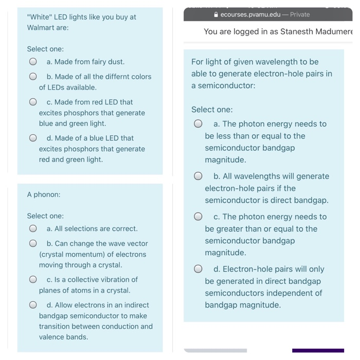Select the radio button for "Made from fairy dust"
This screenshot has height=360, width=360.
pyautogui.click(x=33, y=62)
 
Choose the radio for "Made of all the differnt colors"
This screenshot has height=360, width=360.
pyautogui.click(x=33, y=77)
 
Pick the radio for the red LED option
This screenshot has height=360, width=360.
pyautogui.click(x=33, y=102)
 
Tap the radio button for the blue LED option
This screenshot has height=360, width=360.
pyautogui.click(x=33, y=138)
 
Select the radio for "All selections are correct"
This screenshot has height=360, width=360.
pyautogui.click(x=33, y=228)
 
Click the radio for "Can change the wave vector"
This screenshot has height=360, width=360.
pyautogui.click(x=33, y=244)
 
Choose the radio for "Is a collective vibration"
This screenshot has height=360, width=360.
pyautogui.click(x=33, y=280)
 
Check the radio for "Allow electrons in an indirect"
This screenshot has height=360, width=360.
pyautogui.click(x=33, y=305)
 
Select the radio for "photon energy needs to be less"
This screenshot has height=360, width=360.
pyautogui.click(x=198, y=124)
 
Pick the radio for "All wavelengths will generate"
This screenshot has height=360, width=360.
pyautogui.click(x=198, y=176)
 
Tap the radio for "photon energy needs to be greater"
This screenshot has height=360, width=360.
pyautogui.click(x=198, y=217)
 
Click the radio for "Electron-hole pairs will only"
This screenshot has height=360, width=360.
pyautogui.click(x=198, y=269)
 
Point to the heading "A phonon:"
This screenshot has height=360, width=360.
pyautogui.click(x=44, y=194)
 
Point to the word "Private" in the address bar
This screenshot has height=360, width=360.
pyautogui.click(x=300, y=14)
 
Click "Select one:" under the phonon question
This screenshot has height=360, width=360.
pyautogui.click(x=45, y=216)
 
